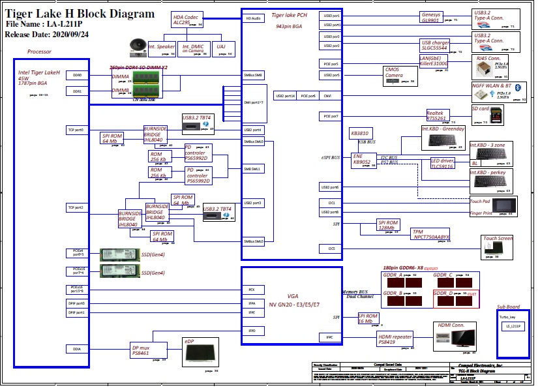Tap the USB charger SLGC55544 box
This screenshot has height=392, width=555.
tap(434, 45)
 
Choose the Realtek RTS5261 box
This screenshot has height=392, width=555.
tap(437, 115)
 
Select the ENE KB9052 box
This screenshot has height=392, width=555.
tap(362, 160)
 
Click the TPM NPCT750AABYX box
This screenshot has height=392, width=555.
tap(431, 234)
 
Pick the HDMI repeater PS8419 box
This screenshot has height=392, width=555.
tap(395, 339)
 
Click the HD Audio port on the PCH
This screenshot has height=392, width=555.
tap(254, 19)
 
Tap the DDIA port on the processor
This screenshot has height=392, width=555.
tap(76, 349)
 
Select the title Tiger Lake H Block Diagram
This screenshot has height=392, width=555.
tap(80, 13)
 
